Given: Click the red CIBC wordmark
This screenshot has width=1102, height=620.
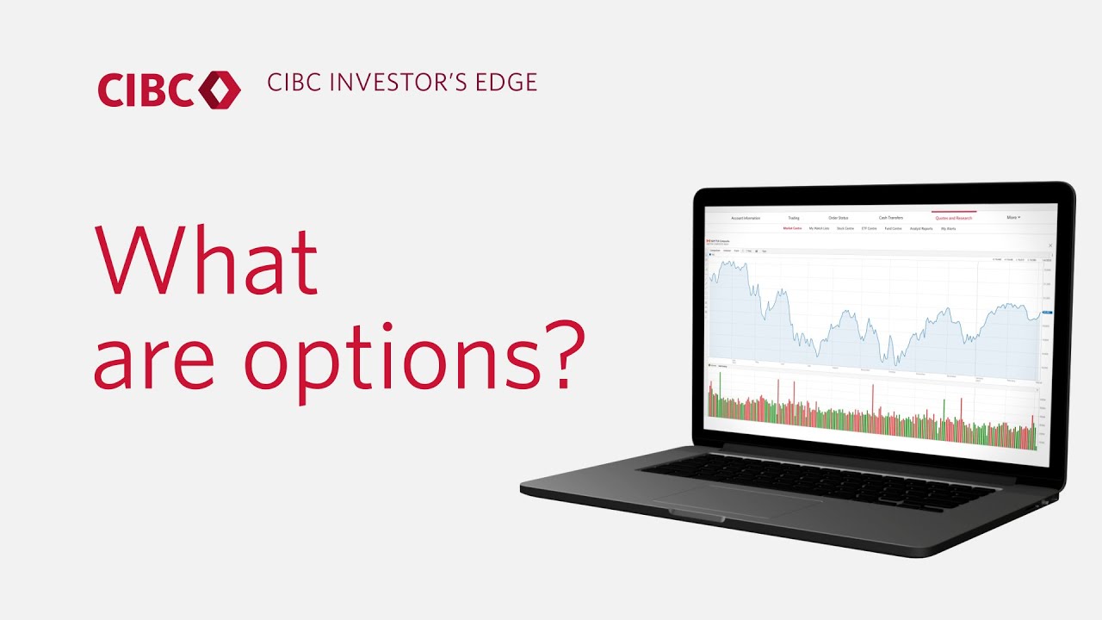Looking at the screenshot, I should point(145,90).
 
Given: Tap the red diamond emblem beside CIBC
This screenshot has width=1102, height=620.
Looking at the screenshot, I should point(220,90).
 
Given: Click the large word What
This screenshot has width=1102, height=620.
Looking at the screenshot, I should point(207,259).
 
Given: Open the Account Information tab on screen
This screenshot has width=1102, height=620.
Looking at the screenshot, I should point(746,218).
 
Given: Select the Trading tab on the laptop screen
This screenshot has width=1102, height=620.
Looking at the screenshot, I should point(792,218).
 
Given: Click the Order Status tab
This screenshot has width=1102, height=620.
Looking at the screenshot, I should point(839,218).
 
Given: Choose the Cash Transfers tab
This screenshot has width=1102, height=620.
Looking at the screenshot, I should point(891,218).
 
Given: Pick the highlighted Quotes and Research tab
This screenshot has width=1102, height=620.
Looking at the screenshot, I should point(953,218).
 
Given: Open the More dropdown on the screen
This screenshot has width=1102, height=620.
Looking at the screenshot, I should point(1013,218).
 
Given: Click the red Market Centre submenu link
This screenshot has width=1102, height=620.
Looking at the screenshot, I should point(793,229).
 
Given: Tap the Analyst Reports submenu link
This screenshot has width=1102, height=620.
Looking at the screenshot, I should point(920,229).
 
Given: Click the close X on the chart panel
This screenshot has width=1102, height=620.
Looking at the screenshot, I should point(1050,245).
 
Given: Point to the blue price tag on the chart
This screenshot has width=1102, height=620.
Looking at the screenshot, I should point(1047,313).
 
